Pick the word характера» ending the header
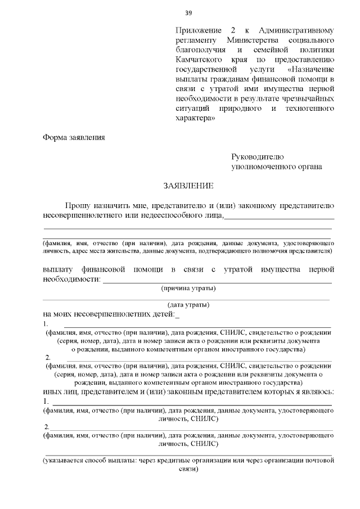195,119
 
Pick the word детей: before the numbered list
162,315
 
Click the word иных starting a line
55,391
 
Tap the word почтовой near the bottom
318,461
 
